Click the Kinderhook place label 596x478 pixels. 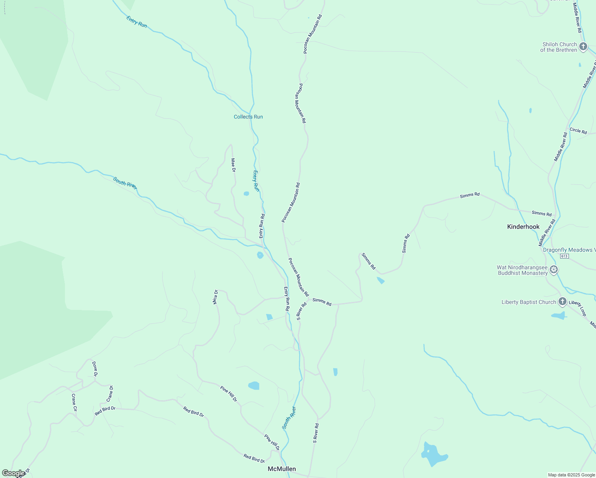[523, 227]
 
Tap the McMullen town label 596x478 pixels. [282, 469]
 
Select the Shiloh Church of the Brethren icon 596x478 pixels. [583, 47]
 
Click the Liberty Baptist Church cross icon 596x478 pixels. [562, 302]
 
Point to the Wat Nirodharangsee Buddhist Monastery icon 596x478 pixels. [553, 270]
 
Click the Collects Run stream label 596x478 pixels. [248, 117]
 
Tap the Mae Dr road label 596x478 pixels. [233, 165]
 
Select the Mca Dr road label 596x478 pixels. [216, 297]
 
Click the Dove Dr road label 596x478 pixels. [94, 369]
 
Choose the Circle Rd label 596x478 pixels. [578, 131]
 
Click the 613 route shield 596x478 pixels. [564, 256]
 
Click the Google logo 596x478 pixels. [13, 473]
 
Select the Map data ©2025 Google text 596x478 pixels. [571, 475]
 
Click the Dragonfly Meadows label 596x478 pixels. [569, 250]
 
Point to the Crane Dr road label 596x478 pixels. [110, 394]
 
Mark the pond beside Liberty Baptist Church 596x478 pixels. [559, 316]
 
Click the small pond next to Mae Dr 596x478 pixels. [246, 194]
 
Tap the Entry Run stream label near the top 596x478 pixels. [137, 22]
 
